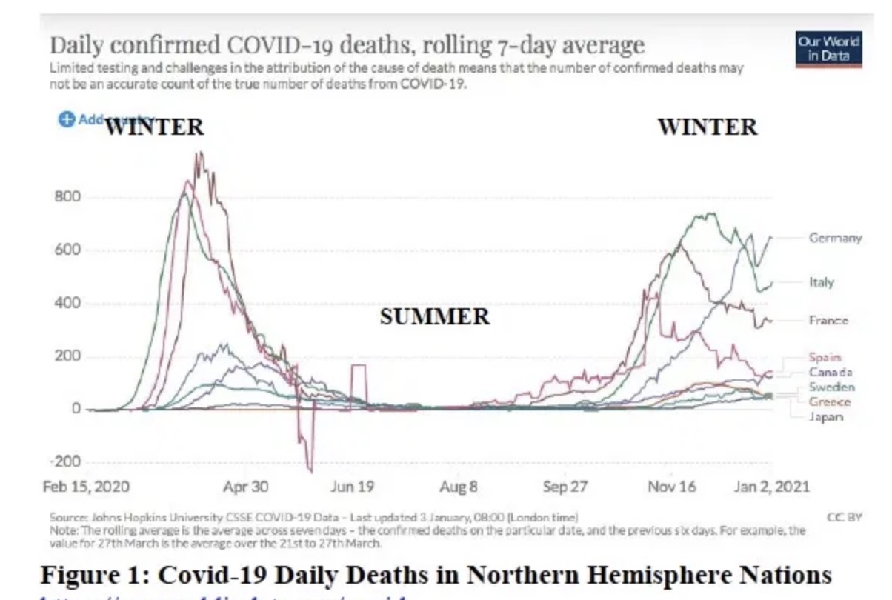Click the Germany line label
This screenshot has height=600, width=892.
(835, 238)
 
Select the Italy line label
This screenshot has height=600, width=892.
(821, 282)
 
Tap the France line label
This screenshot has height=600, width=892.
(828, 321)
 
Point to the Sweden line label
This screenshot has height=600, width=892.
(831, 387)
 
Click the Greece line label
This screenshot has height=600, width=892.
(829, 401)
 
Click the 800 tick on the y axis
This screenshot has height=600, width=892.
(67, 197)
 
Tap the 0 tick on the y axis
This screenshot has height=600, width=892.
(76, 409)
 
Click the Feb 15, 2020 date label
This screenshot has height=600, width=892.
(87, 487)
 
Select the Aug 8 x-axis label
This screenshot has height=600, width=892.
(453, 487)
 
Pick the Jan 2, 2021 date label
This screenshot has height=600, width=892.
(771, 487)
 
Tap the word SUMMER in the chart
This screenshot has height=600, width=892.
(435, 317)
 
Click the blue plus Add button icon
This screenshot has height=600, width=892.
(66, 120)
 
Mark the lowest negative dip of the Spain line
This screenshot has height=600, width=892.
(310, 471)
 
